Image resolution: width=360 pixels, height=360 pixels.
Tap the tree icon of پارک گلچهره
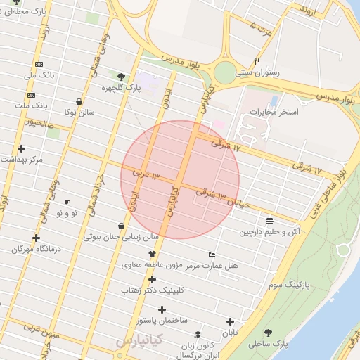point(121,76)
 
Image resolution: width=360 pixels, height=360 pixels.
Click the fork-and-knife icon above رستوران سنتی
point(257,61)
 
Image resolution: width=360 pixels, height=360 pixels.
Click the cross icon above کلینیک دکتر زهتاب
point(152,279)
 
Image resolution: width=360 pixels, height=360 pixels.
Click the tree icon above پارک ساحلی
point(267,332)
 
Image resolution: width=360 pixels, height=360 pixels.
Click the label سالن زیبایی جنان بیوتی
point(122,237)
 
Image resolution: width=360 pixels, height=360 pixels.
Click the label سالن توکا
point(78,111)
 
